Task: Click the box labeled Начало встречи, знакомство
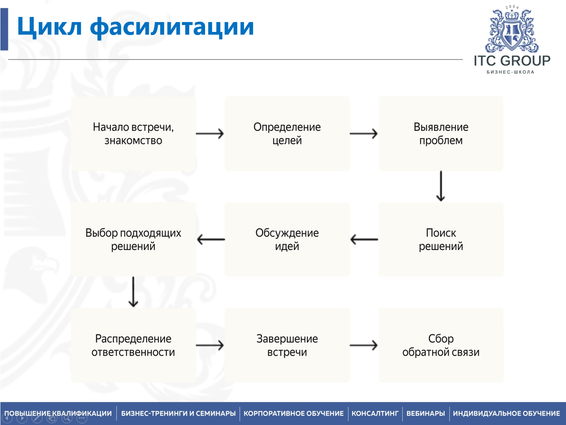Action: point(133,134)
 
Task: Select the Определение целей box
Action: point(287,134)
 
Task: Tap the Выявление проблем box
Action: point(441,134)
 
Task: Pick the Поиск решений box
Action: point(441,239)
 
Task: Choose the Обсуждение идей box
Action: point(287,239)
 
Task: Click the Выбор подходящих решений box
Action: point(133,239)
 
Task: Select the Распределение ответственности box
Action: point(133,345)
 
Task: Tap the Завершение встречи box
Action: point(287,345)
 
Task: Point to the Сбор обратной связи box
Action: point(441,345)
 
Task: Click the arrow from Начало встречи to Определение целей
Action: point(210,134)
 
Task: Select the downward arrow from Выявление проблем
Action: point(441,186)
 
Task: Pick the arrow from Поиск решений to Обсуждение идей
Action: point(364,239)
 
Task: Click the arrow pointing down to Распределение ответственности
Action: point(133,292)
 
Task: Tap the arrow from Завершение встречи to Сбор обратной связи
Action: point(364,345)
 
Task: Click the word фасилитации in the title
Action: point(172,27)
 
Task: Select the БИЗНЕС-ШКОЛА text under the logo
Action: point(511,72)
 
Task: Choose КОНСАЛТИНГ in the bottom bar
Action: point(375,414)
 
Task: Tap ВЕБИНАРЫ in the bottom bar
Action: point(425,414)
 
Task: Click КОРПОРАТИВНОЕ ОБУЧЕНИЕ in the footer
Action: point(294,414)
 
